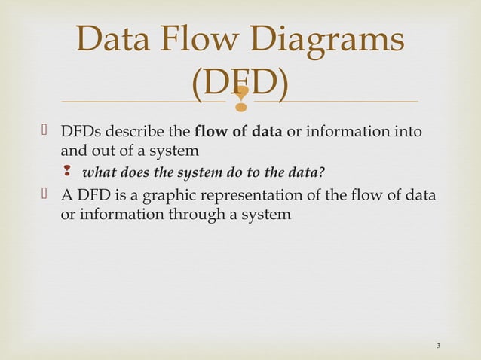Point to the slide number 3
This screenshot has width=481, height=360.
point(438,346)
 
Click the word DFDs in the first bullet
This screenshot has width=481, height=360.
point(78,133)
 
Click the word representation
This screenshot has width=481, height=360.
point(265,197)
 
